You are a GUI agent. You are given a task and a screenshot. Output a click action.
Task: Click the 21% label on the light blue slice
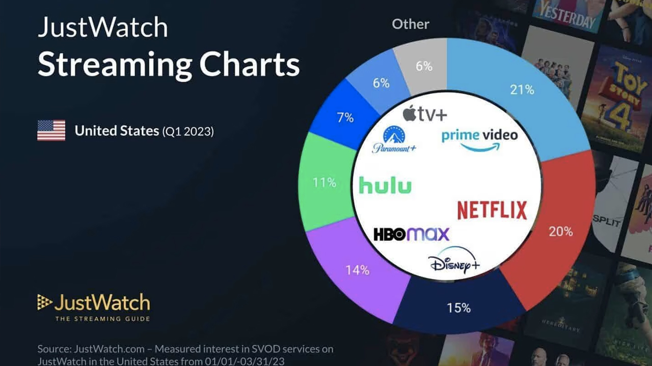[x=522, y=90]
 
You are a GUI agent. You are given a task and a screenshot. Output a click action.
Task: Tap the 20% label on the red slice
[x=561, y=232]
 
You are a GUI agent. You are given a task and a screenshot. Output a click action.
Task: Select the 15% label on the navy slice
[x=458, y=308]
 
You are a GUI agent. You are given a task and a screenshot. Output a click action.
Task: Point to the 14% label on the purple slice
[x=357, y=270]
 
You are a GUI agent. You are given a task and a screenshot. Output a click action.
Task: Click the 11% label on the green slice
[x=324, y=182]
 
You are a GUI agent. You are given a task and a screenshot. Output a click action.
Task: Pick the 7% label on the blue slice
[x=345, y=117]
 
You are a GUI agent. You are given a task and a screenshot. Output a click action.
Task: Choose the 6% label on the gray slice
[x=424, y=66]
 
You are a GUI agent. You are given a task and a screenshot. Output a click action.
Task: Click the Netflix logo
[x=492, y=210]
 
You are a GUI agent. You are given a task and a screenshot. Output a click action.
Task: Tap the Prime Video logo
[x=479, y=139]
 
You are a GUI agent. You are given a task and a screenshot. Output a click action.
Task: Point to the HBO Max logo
[x=412, y=234]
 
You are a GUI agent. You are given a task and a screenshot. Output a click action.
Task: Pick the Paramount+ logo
[x=394, y=139]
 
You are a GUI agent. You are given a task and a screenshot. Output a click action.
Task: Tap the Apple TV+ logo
[x=425, y=113]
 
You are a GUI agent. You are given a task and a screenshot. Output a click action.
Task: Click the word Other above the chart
[x=411, y=24]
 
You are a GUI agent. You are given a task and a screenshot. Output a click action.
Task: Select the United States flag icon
[x=51, y=131]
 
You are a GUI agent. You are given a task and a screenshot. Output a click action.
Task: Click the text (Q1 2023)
[x=188, y=132]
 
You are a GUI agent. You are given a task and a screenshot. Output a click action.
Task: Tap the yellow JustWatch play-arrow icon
[x=44, y=302]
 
